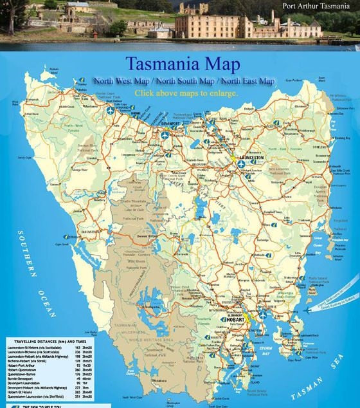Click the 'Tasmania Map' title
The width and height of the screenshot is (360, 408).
(183, 64)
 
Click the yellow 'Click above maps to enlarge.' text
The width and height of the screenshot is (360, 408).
(186, 93)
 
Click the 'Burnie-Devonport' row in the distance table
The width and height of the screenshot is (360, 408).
(23, 378)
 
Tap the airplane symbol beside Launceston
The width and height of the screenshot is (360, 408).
(240, 164)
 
